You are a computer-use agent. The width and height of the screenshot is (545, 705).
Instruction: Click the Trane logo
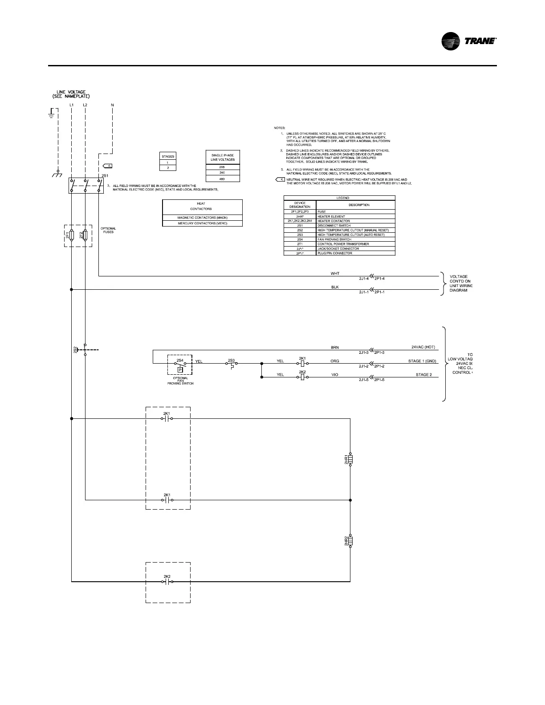coord(469,41)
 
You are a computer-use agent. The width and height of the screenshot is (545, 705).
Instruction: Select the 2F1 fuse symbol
coord(72,236)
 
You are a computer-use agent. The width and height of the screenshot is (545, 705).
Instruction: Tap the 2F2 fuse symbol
coord(85,236)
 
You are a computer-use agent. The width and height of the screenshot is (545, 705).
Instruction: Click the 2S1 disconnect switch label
coord(105,176)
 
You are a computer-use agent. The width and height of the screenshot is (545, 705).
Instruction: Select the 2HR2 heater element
coord(350,541)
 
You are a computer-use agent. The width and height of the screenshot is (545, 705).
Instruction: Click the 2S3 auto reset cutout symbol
coord(231,364)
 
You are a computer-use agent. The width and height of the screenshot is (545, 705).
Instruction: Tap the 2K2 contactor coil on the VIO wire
coord(302,377)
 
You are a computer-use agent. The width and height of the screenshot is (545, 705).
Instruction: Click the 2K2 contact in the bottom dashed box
coord(167,581)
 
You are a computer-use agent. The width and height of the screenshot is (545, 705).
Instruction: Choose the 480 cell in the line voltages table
coord(223,178)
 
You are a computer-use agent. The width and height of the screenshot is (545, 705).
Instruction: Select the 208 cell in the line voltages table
coord(223,167)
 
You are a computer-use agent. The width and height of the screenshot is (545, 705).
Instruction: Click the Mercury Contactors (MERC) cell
coord(203,223)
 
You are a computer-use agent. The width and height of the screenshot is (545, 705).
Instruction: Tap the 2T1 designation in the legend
coord(300,244)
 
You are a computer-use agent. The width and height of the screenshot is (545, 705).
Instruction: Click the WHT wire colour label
coord(335,273)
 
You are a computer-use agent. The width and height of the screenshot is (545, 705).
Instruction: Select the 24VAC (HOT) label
coord(423,347)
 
